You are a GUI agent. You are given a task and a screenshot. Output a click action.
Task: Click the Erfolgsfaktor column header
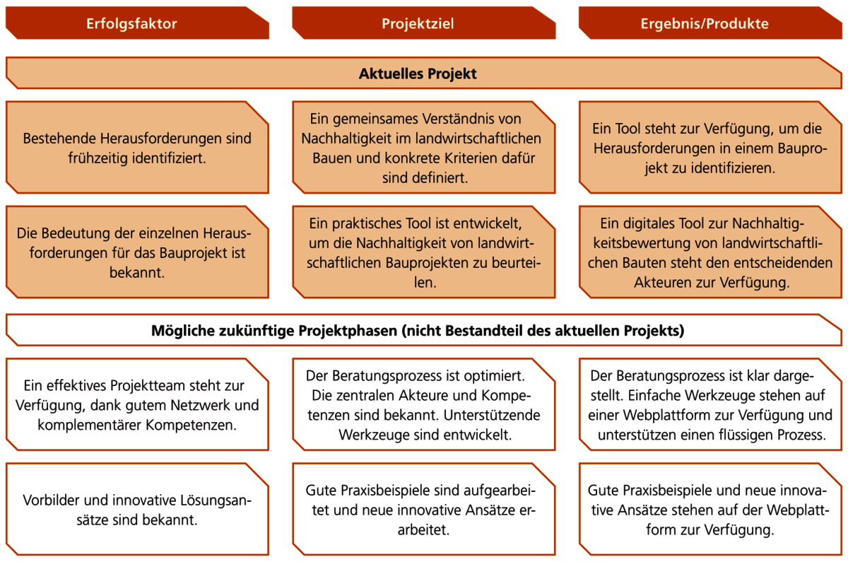tap(137, 23)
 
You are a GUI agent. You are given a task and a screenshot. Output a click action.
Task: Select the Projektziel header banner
tap(423, 23)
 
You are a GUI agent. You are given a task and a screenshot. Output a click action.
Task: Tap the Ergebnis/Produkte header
tap(711, 23)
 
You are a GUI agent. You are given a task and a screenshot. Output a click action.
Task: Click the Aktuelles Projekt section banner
tap(423, 73)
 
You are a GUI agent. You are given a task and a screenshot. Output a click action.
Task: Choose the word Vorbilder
tap(51, 500)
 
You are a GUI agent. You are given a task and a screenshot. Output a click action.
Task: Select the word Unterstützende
tap(492, 416)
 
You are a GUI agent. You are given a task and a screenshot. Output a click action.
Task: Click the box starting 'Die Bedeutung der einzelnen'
tap(137, 252)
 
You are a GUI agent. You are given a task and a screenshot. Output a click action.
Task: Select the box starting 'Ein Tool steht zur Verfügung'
tap(711, 147)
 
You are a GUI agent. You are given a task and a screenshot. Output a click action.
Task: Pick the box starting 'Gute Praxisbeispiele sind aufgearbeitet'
tap(423, 510)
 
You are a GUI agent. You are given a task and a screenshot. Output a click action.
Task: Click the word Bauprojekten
tap(429, 263)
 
